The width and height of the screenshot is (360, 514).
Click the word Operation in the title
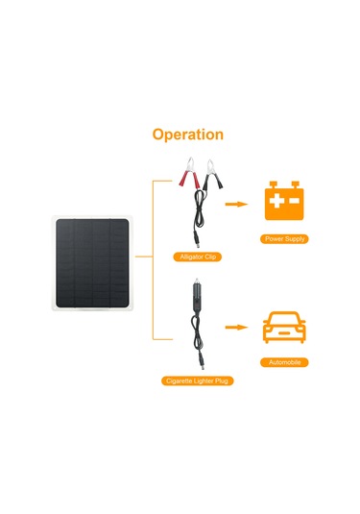coord(187,135)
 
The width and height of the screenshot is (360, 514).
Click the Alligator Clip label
coord(197,257)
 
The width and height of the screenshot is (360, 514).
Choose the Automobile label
coord(284,363)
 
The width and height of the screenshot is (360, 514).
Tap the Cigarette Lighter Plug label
coord(197,381)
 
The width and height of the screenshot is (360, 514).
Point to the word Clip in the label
coord(209,257)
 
